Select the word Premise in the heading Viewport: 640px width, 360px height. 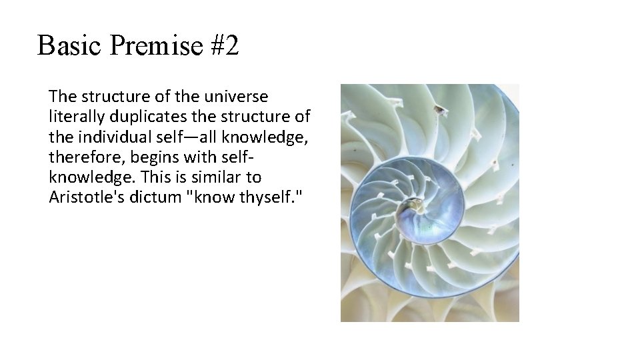click(x=155, y=46)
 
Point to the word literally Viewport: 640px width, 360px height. click(x=75, y=117)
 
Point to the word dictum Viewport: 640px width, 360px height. click(x=148, y=197)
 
